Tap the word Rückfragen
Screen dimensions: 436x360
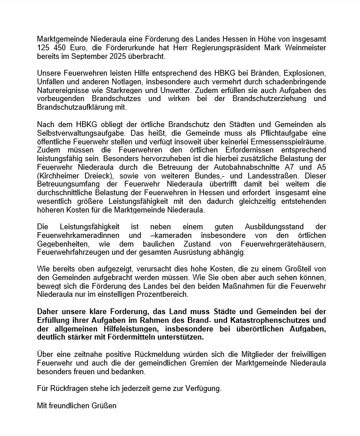coord(66,389)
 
